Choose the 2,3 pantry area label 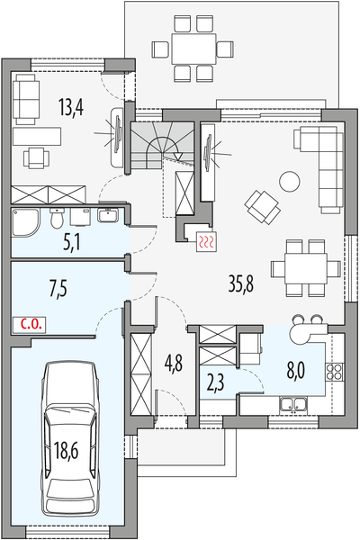click(x=216, y=381)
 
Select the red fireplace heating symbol click(x=207, y=241)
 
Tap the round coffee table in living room click(x=289, y=181)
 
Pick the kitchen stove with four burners click(x=337, y=370)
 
